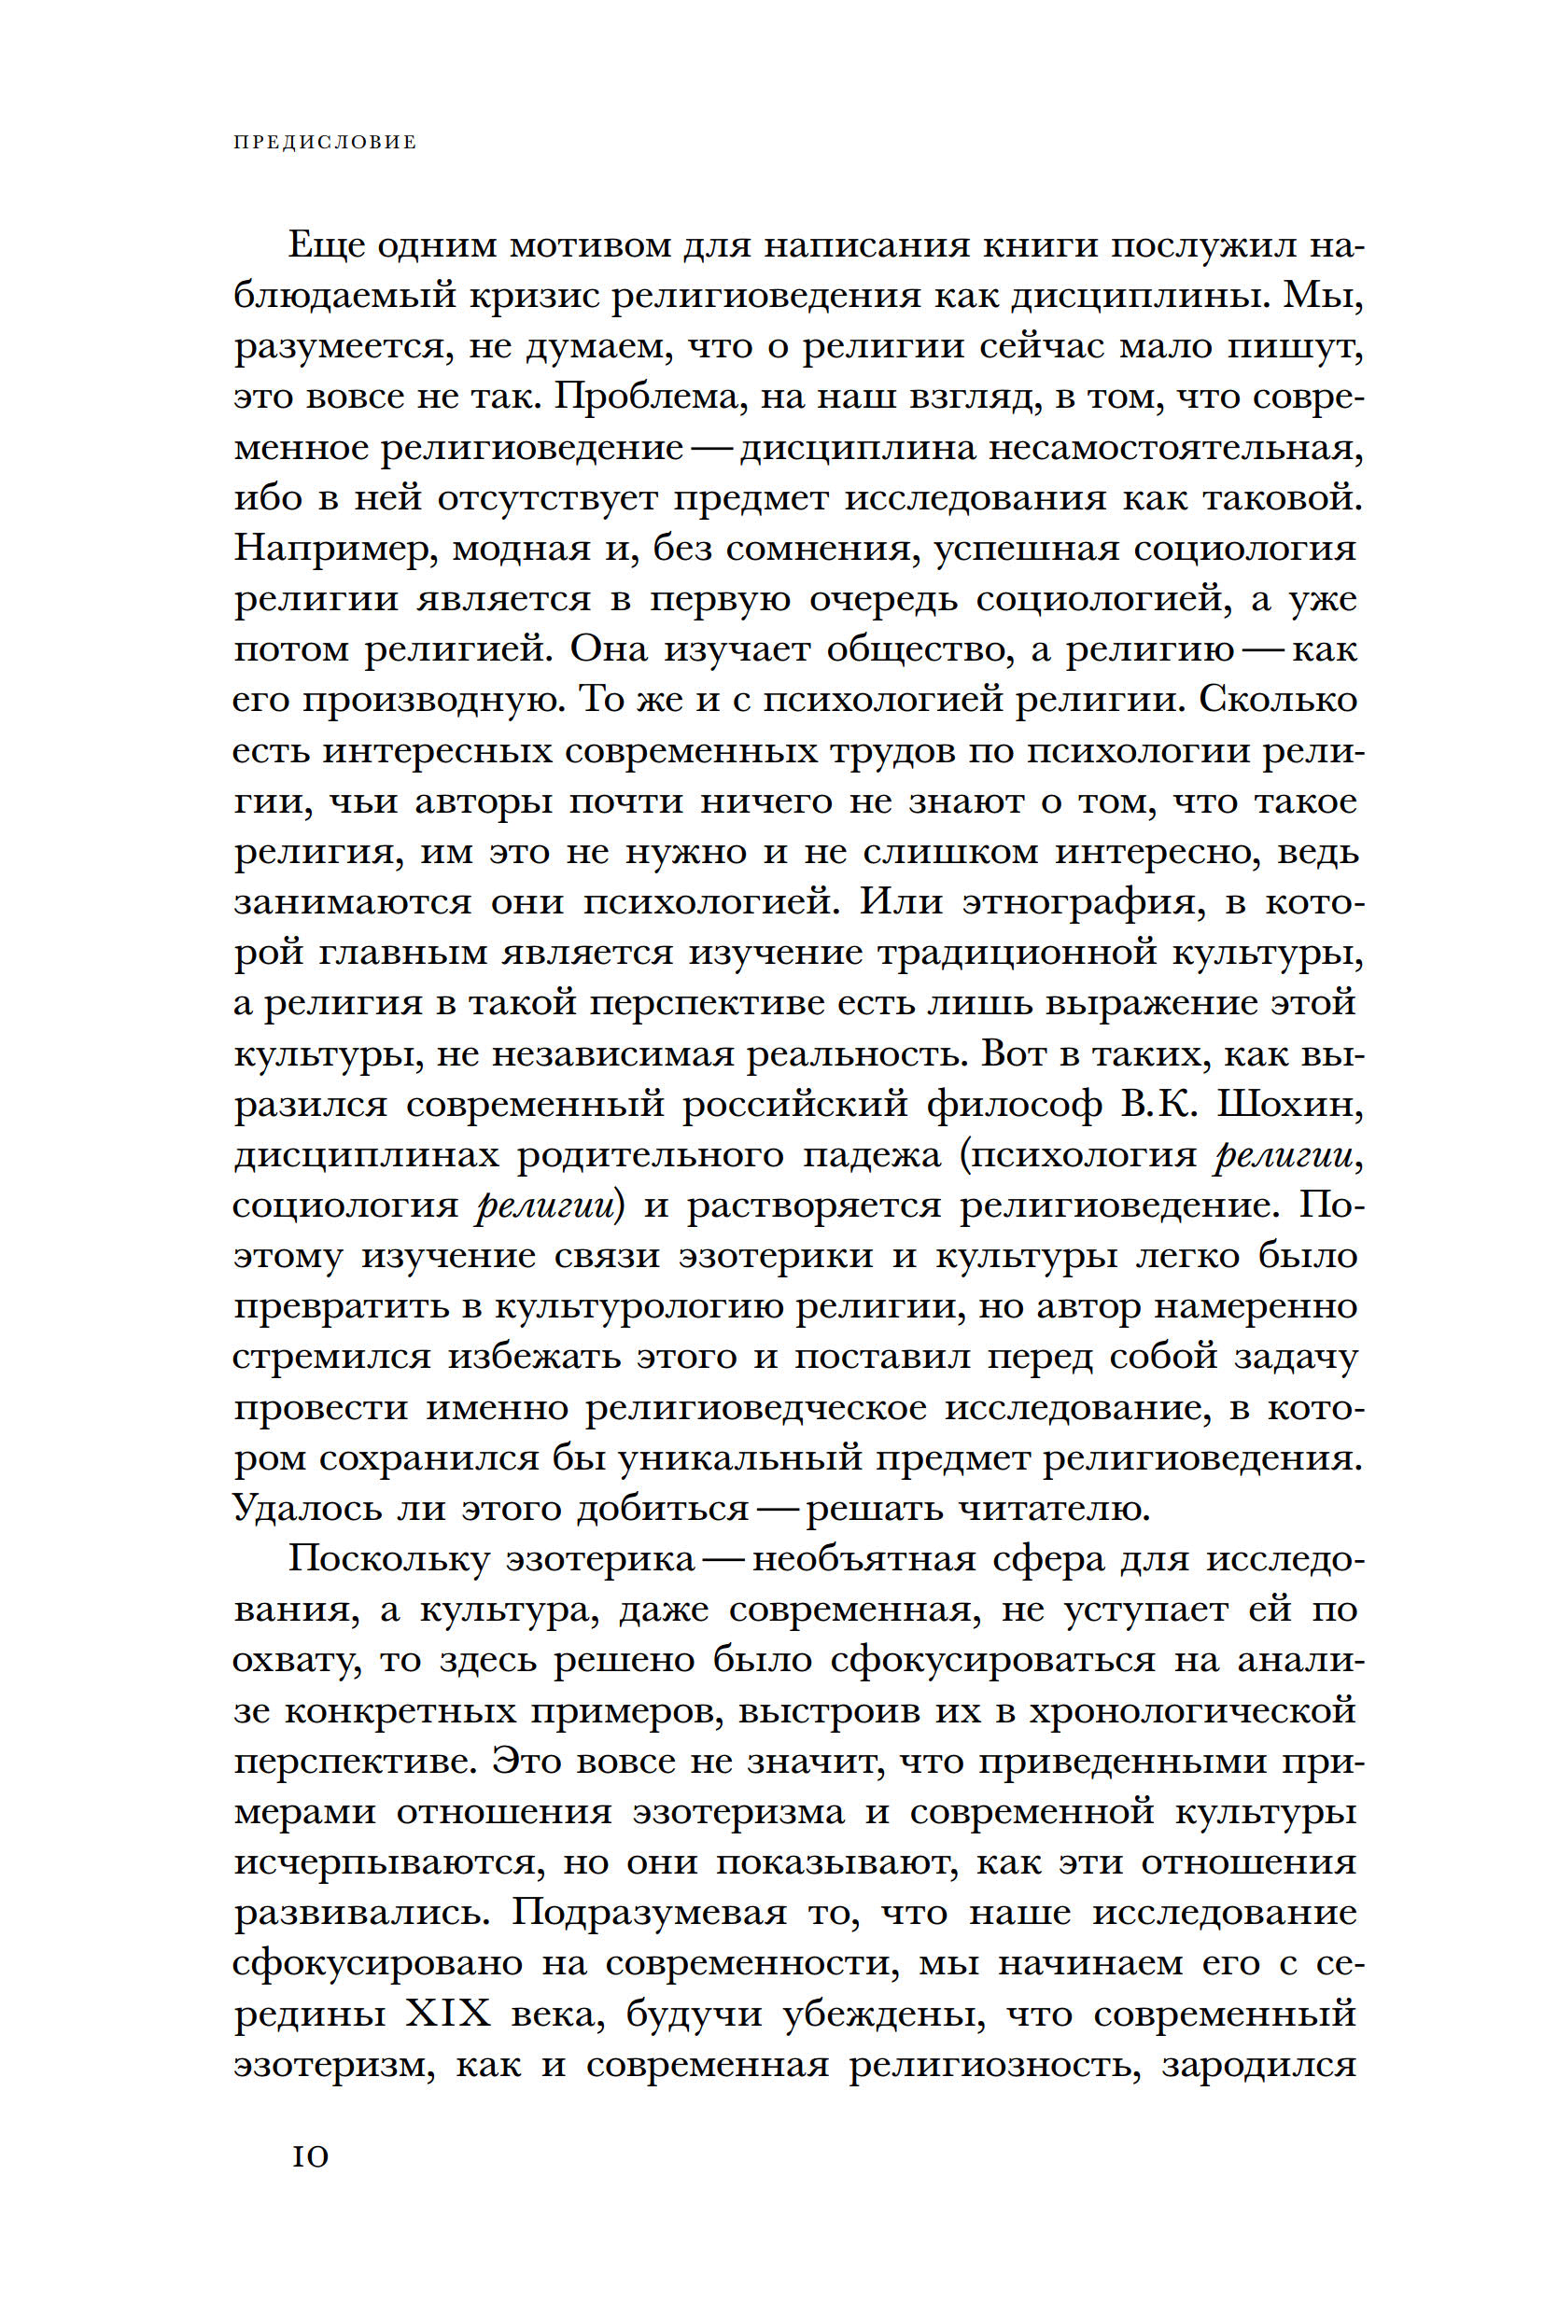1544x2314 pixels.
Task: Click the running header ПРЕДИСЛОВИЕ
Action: click(x=325, y=143)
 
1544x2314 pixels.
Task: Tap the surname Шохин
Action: click(x=1290, y=1106)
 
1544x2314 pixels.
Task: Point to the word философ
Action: click(x=1014, y=1106)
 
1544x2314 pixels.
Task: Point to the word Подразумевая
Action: click(x=650, y=1914)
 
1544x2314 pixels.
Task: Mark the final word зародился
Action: click(x=1259, y=2065)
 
